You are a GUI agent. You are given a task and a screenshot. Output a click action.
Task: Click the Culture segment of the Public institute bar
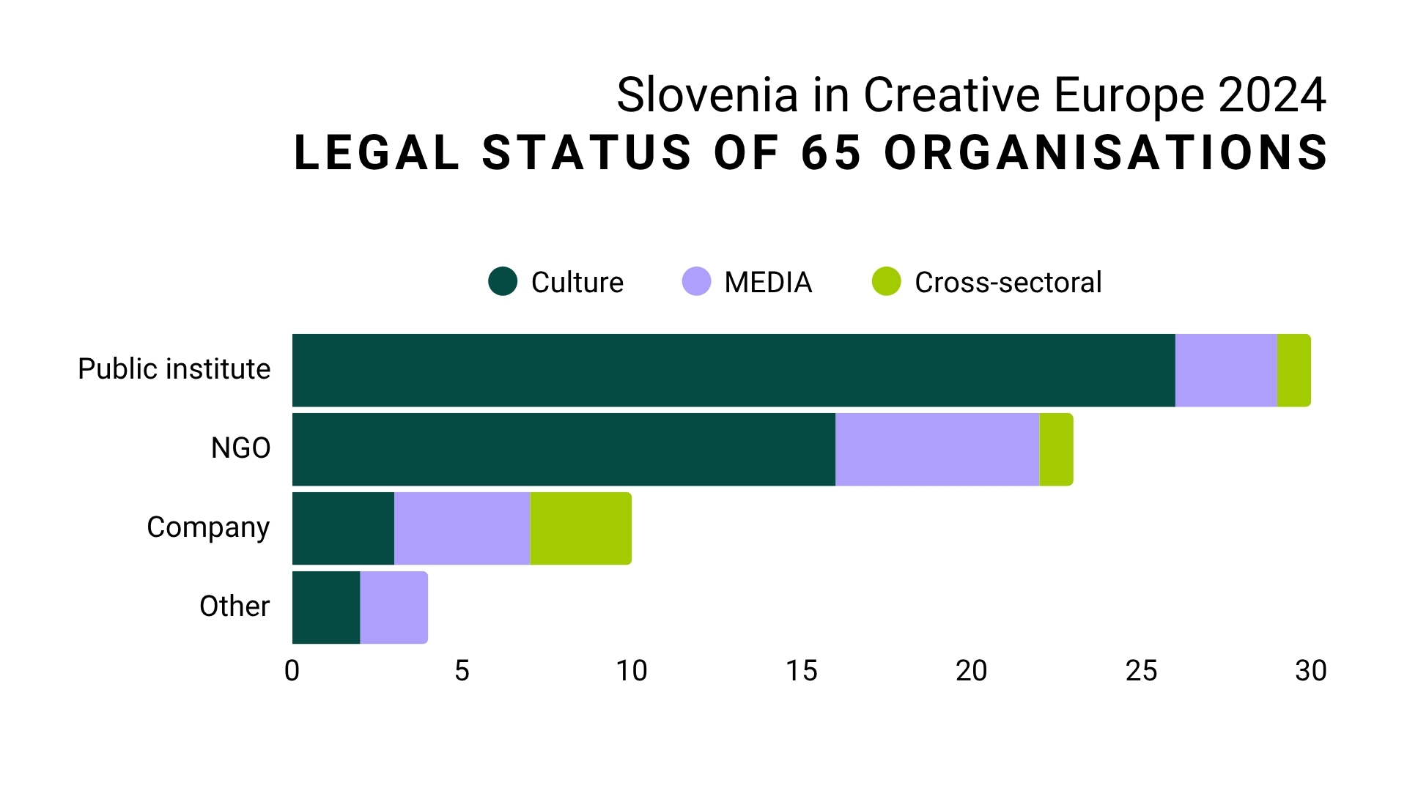[733, 371]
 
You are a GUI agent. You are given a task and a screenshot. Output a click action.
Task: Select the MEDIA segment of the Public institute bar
[1226, 371]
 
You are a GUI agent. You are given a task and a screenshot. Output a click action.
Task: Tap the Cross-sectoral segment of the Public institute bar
[1293, 371]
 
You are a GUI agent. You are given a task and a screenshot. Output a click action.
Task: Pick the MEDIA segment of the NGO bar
[937, 450]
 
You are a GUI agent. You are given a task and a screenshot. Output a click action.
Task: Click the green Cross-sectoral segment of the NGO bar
[1056, 450]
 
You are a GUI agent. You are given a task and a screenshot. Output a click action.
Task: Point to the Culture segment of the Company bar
[343, 529]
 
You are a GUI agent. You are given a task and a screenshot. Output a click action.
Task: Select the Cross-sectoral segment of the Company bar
[580, 529]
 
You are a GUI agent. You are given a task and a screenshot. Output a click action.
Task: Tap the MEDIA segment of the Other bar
[394, 608]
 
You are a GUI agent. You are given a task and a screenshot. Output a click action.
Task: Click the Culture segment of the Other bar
[326, 608]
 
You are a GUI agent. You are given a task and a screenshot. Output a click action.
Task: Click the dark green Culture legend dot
[503, 281]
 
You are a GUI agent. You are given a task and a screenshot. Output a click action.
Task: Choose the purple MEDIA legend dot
[696, 281]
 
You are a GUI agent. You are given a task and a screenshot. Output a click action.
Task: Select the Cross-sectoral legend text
[1008, 283]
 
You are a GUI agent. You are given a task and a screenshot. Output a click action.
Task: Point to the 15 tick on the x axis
[801, 671]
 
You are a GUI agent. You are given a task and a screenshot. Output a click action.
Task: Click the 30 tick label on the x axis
[1310, 671]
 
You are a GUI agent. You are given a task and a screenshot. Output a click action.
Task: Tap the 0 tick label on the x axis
[292, 671]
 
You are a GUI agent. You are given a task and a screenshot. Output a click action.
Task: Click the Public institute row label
[174, 369]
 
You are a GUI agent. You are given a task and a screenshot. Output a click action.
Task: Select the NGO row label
[240, 448]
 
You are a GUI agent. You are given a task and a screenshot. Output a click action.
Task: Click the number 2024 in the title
[1272, 95]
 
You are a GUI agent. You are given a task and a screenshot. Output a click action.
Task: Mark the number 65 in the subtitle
[831, 153]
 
